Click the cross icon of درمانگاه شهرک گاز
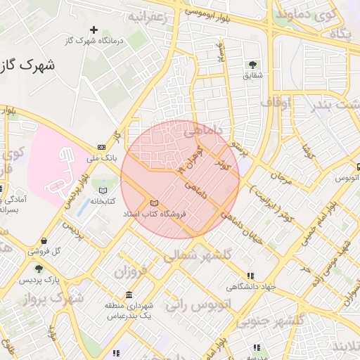click(94, 30)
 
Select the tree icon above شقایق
click(251, 65)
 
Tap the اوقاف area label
click(276, 103)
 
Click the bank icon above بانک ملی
click(102, 147)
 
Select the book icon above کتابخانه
click(103, 191)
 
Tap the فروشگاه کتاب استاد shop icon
click(154, 203)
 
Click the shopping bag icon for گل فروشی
click(44, 240)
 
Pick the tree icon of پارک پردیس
click(39, 269)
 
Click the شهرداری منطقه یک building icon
click(129, 295)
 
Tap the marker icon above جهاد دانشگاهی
click(250, 276)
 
